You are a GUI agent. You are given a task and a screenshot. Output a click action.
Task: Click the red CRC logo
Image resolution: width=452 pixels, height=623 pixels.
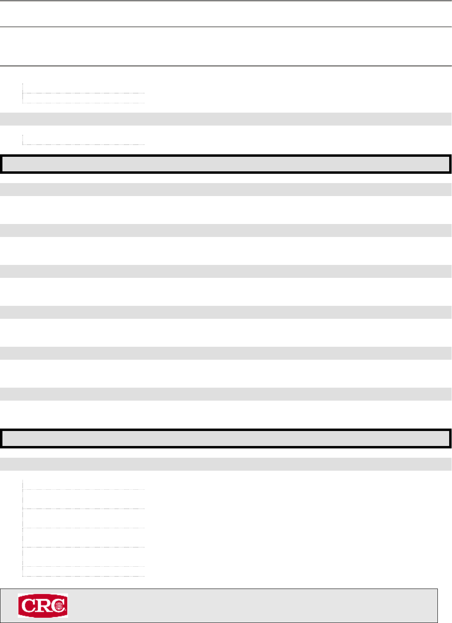(42, 606)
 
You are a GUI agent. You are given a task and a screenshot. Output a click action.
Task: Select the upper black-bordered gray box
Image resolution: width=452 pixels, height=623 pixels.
(226, 164)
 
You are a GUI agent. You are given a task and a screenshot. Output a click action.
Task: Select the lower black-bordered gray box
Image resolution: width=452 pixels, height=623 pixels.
(226, 438)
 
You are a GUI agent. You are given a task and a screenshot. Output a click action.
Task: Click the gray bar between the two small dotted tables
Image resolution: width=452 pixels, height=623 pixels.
(226, 119)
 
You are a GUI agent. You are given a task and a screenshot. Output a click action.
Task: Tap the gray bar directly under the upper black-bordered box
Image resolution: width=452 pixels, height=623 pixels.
(226, 190)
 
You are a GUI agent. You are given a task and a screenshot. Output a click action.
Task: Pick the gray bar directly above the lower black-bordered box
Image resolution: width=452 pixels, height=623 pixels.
(226, 394)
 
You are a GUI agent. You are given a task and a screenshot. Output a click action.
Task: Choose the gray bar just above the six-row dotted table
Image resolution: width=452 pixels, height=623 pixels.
(226, 464)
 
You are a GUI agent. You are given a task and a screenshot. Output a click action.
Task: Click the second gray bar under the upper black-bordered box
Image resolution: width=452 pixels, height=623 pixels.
(226, 230)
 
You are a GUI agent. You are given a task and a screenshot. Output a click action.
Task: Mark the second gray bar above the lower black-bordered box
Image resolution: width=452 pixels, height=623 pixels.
(226, 353)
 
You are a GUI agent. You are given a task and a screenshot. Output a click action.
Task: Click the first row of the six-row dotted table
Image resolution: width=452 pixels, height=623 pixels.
(84, 485)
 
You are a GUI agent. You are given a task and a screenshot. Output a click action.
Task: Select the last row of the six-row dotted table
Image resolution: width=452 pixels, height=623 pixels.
(84, 571)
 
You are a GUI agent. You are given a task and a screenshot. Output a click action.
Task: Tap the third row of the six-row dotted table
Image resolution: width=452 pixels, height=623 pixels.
(84, 518)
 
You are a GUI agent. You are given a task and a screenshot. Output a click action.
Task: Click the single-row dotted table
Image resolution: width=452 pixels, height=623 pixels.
(84, 140)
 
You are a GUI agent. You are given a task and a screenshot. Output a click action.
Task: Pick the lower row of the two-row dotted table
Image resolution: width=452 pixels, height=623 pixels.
(84, 98)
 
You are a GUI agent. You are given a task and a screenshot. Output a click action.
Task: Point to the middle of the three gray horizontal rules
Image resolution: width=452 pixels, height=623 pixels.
(226, 27)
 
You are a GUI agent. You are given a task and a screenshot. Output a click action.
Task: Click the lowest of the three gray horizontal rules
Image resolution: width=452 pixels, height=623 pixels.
(226, 66)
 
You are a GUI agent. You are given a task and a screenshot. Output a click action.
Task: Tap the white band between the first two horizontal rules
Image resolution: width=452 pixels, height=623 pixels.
(226, 14)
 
